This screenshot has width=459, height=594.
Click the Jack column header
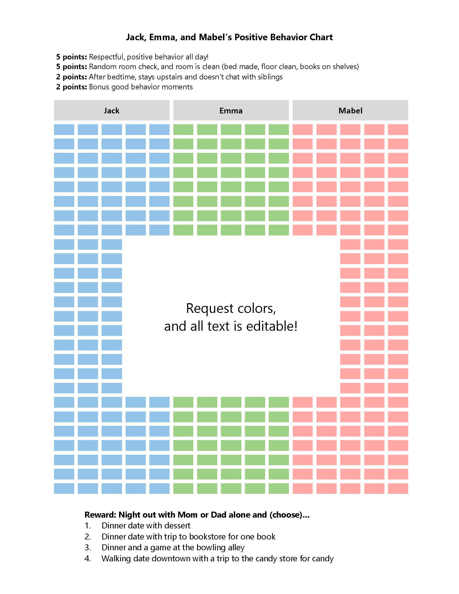pos(112,110)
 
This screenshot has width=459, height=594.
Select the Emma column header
pos(231,110)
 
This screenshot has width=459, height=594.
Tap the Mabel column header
pos(350,110)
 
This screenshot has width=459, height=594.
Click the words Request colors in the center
pos(231,308)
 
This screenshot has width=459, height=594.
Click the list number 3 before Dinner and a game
pos(87,547)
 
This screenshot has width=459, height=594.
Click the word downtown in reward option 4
pos(171,558)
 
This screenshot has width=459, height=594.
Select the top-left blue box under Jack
pos(64,129)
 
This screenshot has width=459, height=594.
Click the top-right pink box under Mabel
pos(398,129)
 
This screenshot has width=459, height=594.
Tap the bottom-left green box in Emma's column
pos(183,488)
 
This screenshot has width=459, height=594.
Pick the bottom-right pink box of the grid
pos(398,488)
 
